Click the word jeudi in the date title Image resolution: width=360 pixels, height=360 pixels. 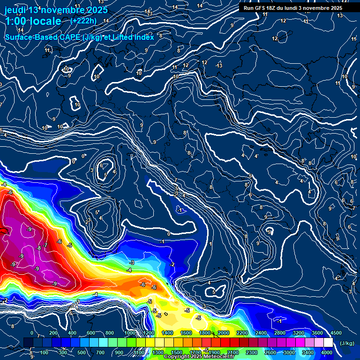[x=15, y=10]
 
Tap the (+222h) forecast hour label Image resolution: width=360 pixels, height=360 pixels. [x=83, y=21]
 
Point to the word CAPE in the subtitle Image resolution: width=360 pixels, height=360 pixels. [x=69, y=37]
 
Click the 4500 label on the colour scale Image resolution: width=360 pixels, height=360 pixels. [x=336, y=333]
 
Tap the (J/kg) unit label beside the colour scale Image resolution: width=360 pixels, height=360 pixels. [x=347, y=344]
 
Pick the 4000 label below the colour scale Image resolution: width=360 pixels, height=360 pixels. [x=327, y=352]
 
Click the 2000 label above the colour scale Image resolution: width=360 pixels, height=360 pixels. [x=224, y=333]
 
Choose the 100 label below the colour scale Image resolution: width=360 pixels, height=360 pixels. [x=44, y=352]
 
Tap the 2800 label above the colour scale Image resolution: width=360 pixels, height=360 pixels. [x=280, y=333]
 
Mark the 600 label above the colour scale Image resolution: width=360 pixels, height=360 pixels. [x=91, y=333]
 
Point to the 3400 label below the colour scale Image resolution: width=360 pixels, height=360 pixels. [x=308, y=352]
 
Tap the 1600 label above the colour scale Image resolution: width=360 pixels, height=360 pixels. [x=186, y=333]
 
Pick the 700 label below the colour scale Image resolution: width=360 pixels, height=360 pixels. [x=101, y=352]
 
